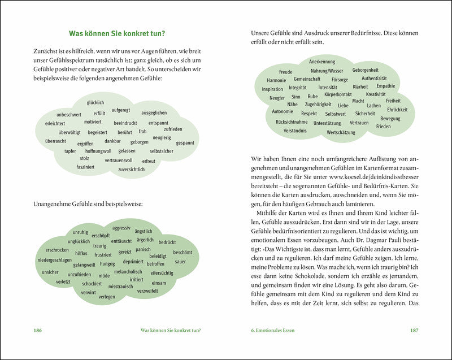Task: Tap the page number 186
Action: coord(38,331)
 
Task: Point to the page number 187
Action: coord(414,331)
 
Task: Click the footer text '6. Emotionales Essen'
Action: coord(275,331)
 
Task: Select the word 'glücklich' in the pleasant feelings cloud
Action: coord(95,102)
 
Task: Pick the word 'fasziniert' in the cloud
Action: coord(85,167)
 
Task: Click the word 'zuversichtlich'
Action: coord(131,169)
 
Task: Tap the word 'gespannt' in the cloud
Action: coord(185,143)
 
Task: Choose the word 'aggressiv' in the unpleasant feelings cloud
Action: coord(121,228)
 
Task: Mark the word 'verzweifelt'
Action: coord(147,290)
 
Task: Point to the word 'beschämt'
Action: coord(182,252)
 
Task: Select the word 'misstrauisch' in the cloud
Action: coord(120,287)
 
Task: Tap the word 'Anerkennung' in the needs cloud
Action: coord(322,62)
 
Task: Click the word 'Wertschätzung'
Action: coord(341,132)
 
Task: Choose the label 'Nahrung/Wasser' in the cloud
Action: coord(327,71)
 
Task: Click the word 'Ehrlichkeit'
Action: coord(397,110)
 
